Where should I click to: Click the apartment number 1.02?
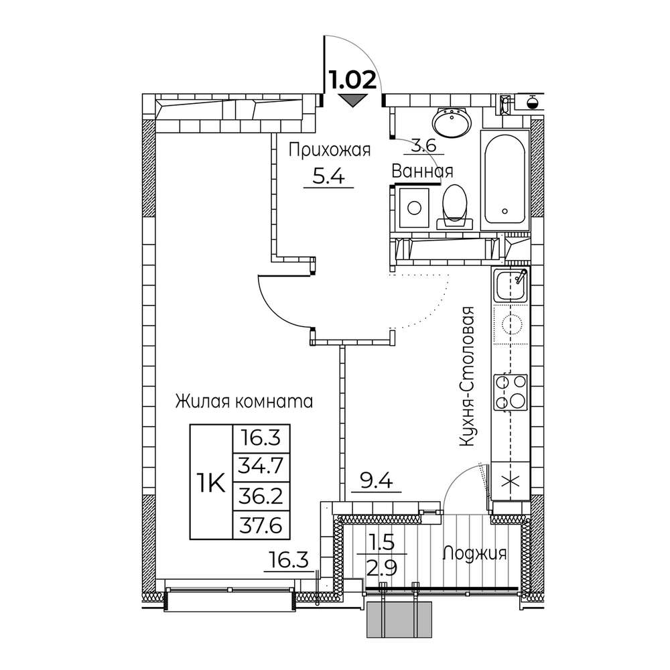[352, 80]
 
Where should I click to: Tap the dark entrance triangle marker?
[352, 100]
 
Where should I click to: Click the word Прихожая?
[330, 150]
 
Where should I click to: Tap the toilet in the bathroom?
[455, 206]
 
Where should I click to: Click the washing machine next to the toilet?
[414, 208]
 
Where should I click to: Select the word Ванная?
[422, 172]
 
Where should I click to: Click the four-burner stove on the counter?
[511, 392]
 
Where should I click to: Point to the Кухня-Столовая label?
[467, 377]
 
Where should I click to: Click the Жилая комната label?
[244, 401]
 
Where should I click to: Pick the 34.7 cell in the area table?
[261, 466]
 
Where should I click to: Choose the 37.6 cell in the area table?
[261, 525]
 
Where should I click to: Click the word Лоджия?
[475, 554]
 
